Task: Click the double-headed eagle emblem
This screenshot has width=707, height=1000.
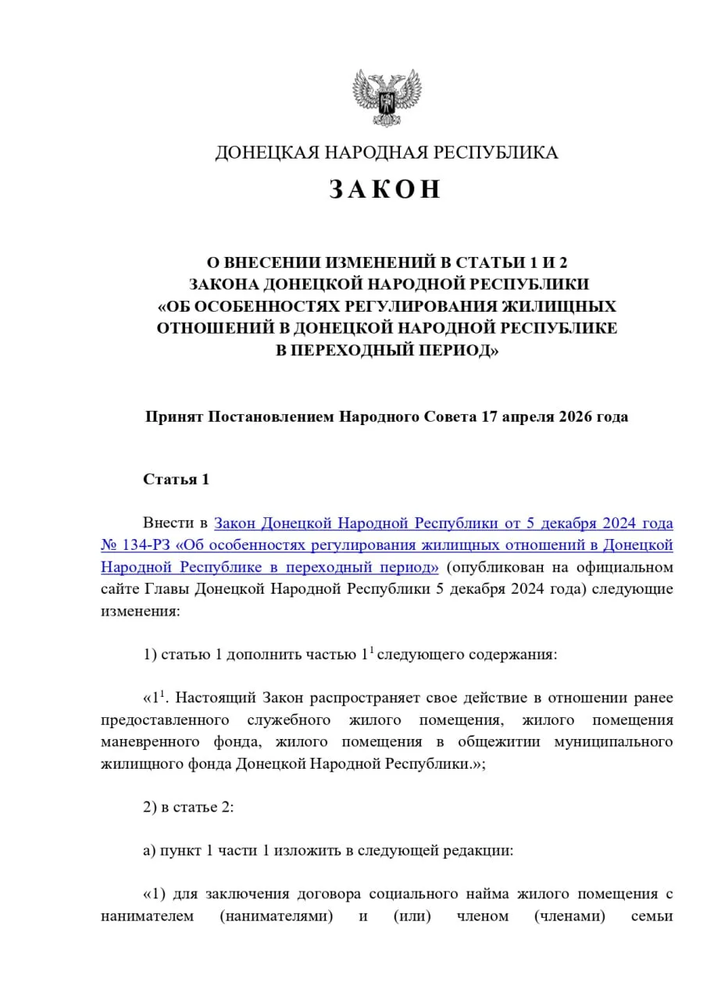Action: [x=387, y=98]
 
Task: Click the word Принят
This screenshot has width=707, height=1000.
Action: [x=173, y=416]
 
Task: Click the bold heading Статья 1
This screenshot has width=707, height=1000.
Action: [x=176, y=479]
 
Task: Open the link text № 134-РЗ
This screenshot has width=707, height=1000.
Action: [x=132, y=544]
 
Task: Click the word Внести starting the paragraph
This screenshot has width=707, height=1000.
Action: [x=165, y=522]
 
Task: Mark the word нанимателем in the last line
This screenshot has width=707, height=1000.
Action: [x=147, y=916]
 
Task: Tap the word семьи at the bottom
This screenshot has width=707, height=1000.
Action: [x=652, y=916]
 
